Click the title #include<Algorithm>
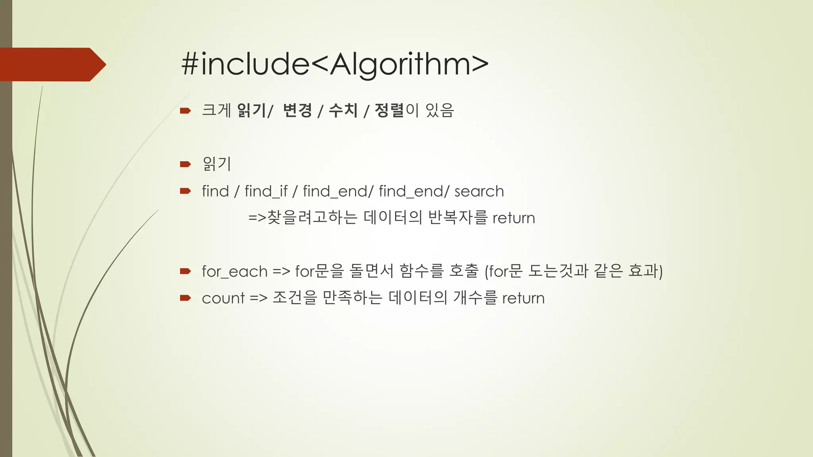tap(335, 64)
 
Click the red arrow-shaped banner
tap(52, 64)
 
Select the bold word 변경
tap(297, 110)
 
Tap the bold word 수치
tap(343, 110)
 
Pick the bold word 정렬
tap(389, 110)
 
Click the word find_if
tap(266, 191)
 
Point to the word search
tap(479, 191)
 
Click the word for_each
tap(235, 271)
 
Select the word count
tap(223, 298)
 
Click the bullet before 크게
tap(185, 111)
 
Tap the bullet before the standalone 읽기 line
tap(185, 164)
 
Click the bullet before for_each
tap(185, 271)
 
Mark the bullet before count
tap(185, 298)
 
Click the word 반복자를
tap(458, 218)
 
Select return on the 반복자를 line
tap(514, 218)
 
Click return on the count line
tap(523, 298)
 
